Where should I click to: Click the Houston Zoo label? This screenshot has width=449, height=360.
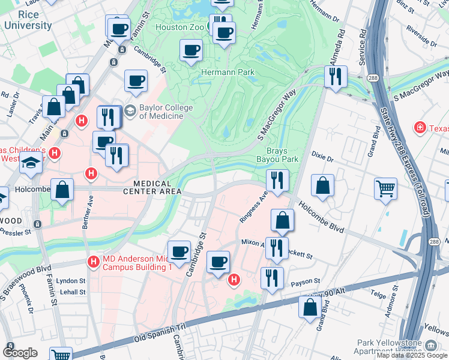pos(180,28)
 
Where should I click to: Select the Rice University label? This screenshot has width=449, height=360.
pos(28,20)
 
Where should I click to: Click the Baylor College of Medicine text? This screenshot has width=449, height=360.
pos(160,112)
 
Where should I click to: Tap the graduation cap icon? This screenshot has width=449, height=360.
pos(29,163)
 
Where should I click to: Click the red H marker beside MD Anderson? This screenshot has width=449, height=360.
pos(93,261)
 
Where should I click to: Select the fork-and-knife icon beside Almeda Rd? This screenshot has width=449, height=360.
pos(335,76)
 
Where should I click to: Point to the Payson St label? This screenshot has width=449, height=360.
pos(303,283)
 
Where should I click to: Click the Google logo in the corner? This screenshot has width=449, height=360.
pos(20,353)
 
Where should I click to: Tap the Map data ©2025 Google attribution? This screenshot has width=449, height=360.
pos(411,355)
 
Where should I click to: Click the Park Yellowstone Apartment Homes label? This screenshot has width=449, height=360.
pos(396,346)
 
